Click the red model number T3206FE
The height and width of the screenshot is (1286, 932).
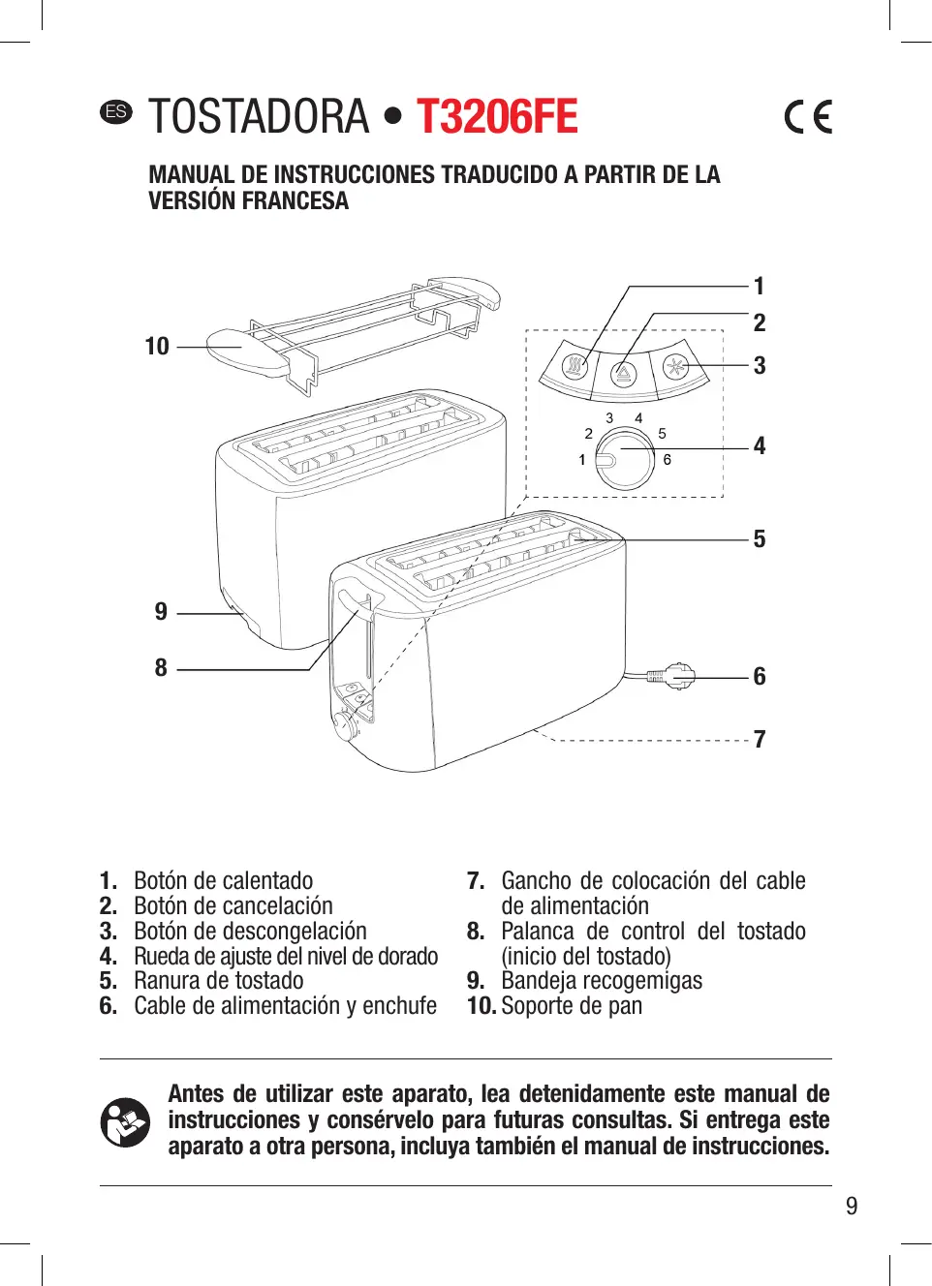(497, 117)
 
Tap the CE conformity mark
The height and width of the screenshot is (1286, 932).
(808, 117)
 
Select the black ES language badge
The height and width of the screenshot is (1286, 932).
(115, 111)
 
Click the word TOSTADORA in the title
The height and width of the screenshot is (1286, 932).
(260, 117)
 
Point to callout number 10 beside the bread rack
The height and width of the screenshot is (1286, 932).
(157, 347)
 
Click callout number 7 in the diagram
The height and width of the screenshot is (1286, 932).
(760, 740)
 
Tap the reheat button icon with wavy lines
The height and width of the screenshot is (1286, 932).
(576, 367)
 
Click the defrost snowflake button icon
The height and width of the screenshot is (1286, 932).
(674, 367)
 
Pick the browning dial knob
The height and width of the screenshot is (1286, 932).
(624, 457)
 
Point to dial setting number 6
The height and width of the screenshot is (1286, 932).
(668, 460)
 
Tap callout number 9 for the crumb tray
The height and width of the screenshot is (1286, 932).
(161, 612)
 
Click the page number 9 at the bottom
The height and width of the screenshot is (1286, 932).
(852, 1206)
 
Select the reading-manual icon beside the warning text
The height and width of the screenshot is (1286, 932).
(125, 1121)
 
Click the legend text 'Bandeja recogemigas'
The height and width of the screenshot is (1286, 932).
(602, 981)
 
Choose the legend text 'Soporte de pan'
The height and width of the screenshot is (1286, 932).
(572, 1006)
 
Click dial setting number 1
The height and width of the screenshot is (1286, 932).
(582, 460)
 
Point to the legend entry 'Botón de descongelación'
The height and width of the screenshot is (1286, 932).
(250, 932)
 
